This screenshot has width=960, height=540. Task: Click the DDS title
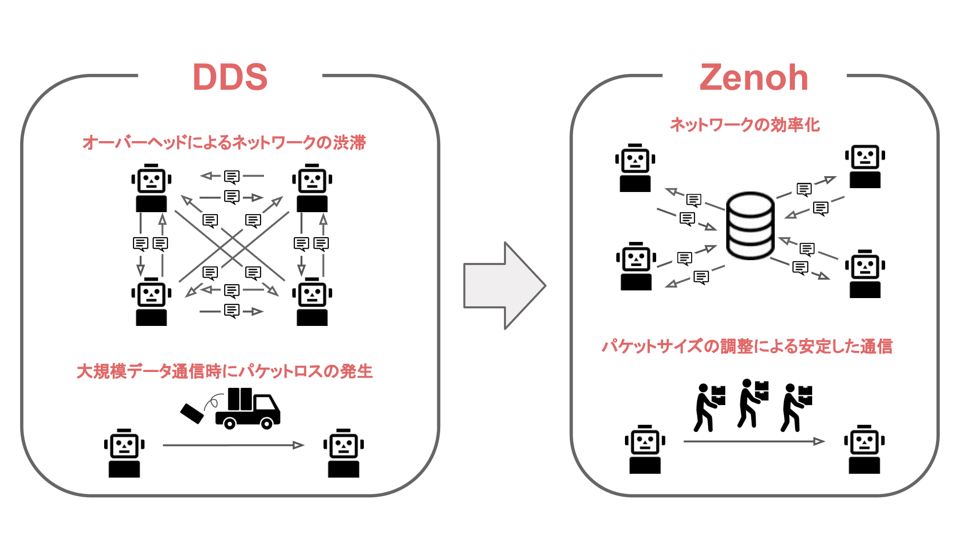230,77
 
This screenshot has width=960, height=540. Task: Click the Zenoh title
754,78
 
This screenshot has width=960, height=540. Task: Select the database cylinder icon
750,226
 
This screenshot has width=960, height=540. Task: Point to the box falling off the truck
192,413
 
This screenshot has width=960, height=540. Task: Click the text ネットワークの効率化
744,125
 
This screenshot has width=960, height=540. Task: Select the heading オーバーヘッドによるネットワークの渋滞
224,143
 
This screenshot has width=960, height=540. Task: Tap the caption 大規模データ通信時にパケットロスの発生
225,371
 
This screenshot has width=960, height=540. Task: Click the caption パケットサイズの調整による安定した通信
747,346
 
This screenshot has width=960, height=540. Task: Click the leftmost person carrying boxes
708,407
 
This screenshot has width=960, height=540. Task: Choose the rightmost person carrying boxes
796,407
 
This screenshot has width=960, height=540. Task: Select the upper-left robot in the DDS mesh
151,188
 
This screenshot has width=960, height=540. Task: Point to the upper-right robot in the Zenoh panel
865,166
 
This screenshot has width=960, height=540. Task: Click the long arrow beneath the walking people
754,441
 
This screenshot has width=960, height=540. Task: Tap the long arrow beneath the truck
233,445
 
